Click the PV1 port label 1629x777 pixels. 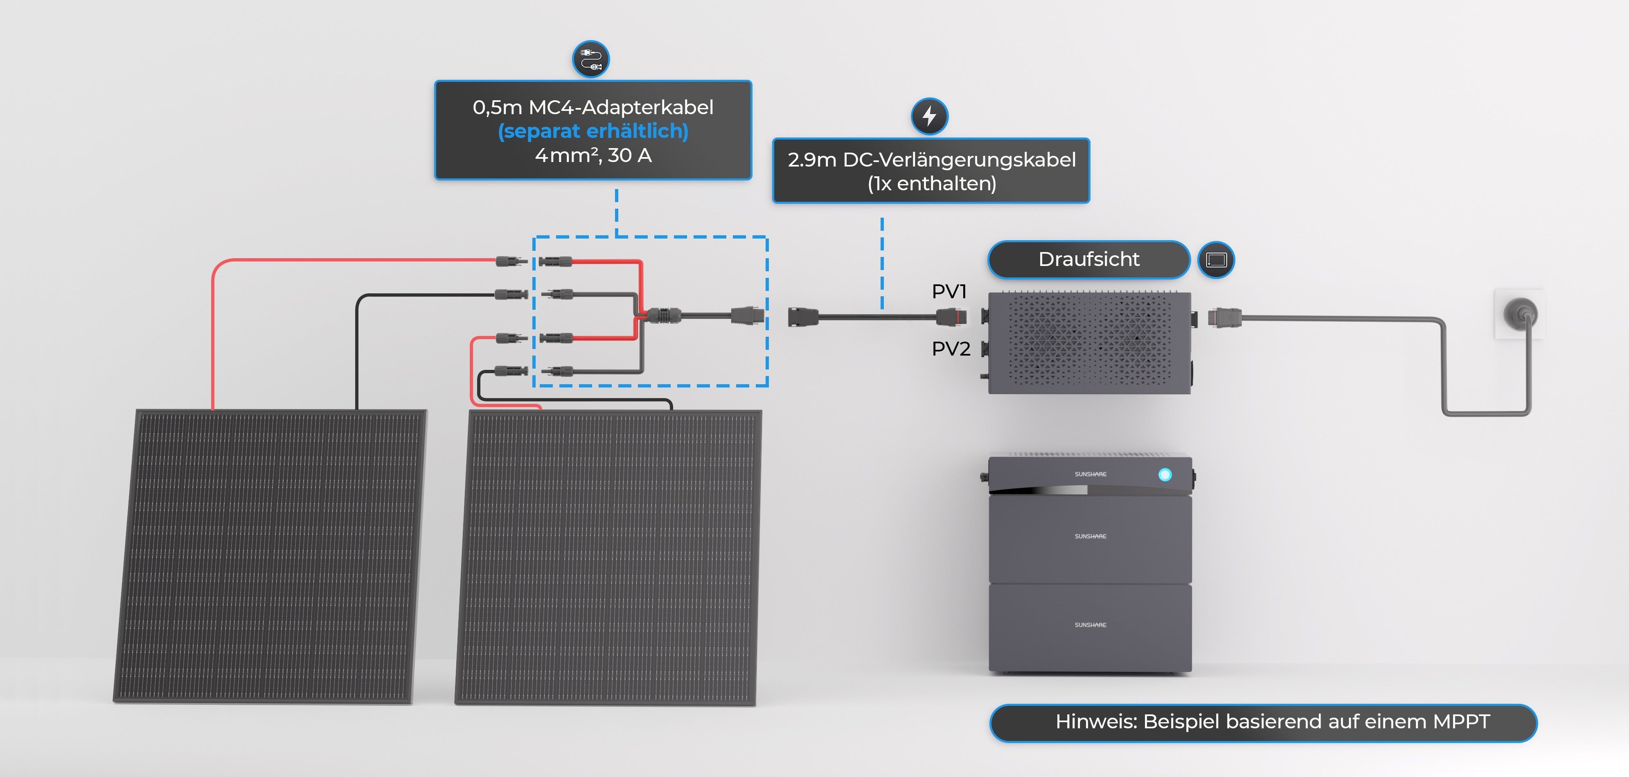pos(949,291)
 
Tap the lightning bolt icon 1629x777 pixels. pos(929,116)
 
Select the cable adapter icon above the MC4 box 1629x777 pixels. pos(590,59)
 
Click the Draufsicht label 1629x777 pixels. pos(1088,259)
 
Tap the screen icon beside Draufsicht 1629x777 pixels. pos(1216,260)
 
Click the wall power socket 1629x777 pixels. pos(1520,313)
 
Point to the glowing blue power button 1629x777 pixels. pos(1165,474)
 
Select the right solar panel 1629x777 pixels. pos(608,556)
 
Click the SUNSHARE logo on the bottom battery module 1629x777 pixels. pos(1090,625)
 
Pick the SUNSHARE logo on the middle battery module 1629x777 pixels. pos(1090,536)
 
